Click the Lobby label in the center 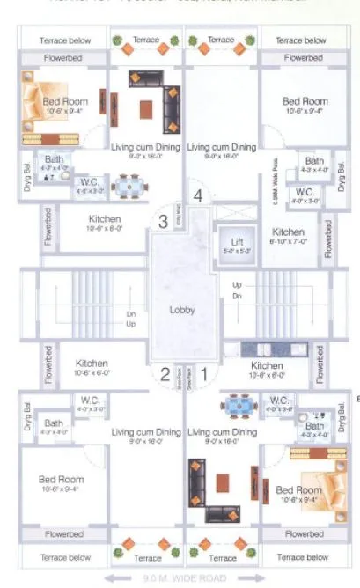[x=181, y=310]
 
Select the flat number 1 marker [x=204, y=374]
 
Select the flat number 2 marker [x=164, y=374]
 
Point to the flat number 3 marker [x=163, y=222]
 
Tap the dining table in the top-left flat [x=130, y=187]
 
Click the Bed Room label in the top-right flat [x=305, y=102]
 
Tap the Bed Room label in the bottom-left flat [x=62, y=480]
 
